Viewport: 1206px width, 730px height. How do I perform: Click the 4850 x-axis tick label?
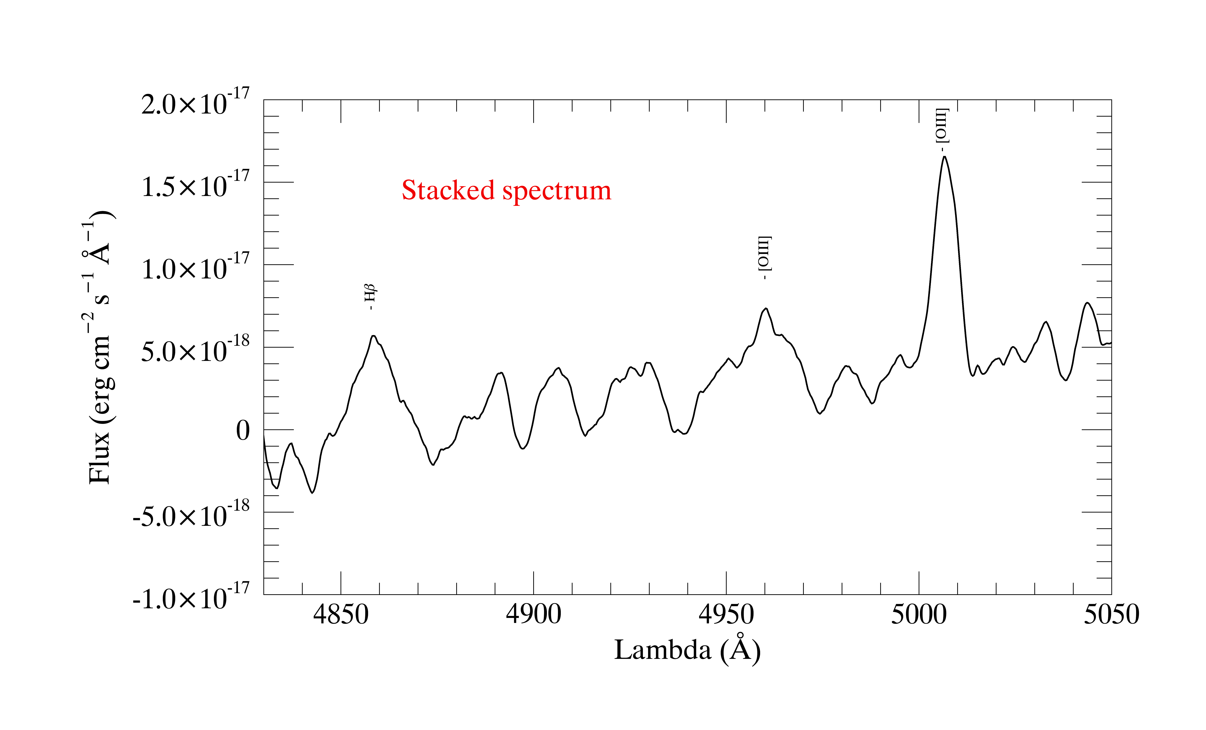(341, 615)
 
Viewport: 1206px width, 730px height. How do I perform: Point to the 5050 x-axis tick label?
(1111, 615)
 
